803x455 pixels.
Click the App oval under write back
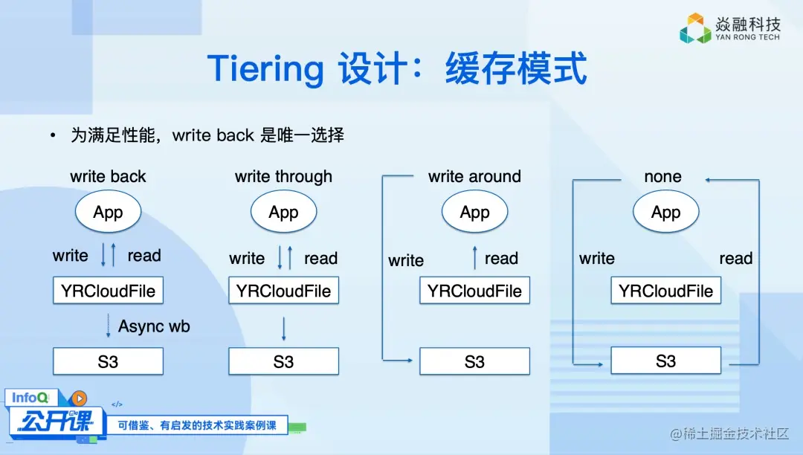coord(108,211)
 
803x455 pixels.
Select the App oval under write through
coord(284,211)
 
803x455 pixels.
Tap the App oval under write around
coord(474,211)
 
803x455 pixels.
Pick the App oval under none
coord(665,211)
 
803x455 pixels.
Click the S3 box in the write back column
coord(108,361)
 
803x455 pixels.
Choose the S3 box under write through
coord(284,361)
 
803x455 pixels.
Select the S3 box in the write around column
coord(474,361)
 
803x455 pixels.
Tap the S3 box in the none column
coord(665,361)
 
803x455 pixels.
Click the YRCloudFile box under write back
coord(108,291)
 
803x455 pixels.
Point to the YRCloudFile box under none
coord(665,291)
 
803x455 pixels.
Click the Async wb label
coord(154,326)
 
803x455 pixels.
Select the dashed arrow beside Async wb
coord(108,326)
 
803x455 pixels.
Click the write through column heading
coord(284,177)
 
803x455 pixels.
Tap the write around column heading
coord(474,177)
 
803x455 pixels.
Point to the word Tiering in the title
coord(265,69)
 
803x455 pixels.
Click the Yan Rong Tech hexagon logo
coord(695,28)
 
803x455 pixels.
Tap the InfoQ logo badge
coord(30,398)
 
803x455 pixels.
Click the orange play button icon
coord(79,398)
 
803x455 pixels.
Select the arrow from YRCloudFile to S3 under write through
coord(284,329)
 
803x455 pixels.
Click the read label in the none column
coord(736,259)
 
